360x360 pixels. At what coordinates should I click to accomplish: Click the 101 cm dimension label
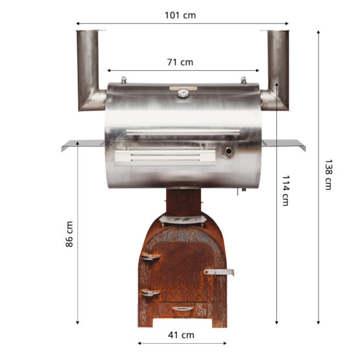180,15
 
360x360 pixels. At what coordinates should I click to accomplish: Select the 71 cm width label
180,63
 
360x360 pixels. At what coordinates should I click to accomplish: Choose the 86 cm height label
69,234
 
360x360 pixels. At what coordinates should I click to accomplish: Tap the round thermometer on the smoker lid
184,93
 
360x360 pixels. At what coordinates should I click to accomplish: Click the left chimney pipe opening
91,31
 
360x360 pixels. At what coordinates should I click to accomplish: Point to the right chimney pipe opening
276,31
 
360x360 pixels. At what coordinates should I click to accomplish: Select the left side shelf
82,144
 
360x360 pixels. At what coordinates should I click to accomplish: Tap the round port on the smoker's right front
228,152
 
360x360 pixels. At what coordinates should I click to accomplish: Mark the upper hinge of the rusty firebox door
150,257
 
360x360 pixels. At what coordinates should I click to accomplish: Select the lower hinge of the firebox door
150,293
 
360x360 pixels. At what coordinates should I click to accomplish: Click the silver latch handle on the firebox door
217,272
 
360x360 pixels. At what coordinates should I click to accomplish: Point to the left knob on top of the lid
123,80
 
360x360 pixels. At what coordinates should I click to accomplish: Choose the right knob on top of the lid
243,80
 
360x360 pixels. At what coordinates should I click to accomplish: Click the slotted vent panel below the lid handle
164,156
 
